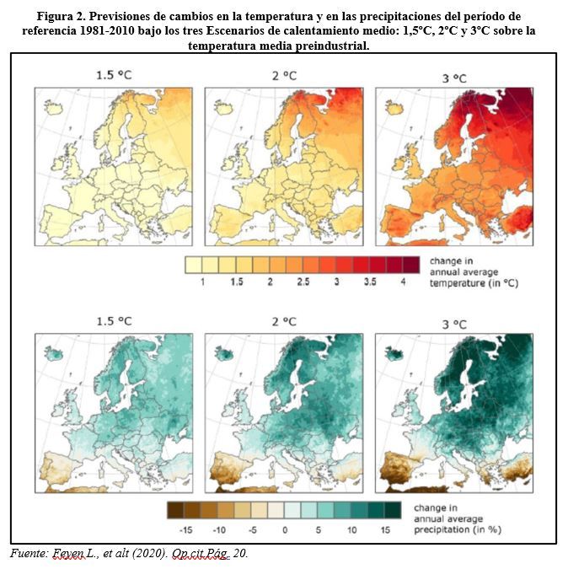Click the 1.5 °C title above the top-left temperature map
[114, 75]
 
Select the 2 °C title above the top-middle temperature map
[284, 76]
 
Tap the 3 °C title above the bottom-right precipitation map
[454, 324]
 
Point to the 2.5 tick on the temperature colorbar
[303, 282]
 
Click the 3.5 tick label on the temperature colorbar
[370, 282]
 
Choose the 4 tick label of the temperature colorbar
[403, 282]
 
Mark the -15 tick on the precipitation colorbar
[185, 530]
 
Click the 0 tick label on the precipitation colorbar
[285, 530]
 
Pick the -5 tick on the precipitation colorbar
[253, 530]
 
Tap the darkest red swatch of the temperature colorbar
[411, 265]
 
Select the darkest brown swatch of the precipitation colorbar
[175, 510]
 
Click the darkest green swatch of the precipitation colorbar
[393, 510]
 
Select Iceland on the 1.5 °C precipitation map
[54, 353]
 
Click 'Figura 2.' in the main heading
[61, 16]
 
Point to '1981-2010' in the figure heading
[105, 30]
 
